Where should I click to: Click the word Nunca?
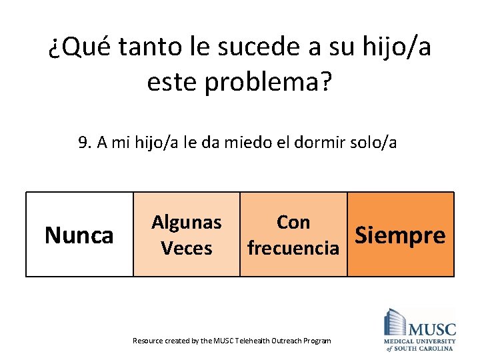[79, 235]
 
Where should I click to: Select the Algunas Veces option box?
[187, 235]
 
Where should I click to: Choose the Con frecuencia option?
[293, 235]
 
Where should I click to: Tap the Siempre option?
[401, 235]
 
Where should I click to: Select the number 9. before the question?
[84, 142]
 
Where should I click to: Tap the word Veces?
[187, 249]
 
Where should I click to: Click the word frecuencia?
[293, 249]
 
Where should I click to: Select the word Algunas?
[187, 222]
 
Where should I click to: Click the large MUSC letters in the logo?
[432, 329]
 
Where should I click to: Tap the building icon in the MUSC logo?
[395, 322]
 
